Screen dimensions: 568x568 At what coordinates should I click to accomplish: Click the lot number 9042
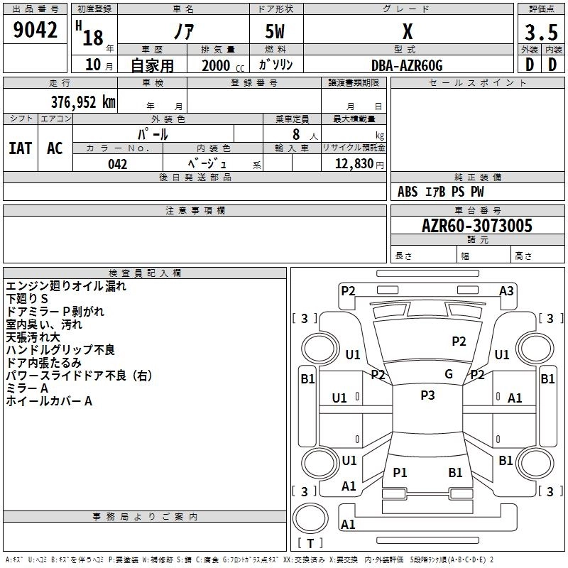point(35,31)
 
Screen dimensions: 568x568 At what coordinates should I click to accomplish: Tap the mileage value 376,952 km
point(83,102)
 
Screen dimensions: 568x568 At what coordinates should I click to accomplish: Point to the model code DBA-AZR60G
point(407,65)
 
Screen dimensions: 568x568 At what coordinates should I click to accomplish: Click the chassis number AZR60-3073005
point(477,226)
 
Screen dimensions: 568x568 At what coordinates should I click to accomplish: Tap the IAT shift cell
point(21,148)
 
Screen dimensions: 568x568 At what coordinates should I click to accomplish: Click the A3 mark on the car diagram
point(506,290)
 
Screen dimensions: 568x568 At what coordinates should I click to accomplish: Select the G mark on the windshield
point(449,374)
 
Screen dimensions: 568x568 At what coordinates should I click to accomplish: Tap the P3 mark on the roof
point(427,395)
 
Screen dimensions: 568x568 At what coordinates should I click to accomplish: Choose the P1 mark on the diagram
point(400,472)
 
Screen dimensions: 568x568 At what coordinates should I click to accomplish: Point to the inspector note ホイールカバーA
point(49,401)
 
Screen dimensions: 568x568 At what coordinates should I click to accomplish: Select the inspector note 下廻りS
point(27,299)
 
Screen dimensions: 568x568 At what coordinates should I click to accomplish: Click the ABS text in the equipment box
point(408,192)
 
